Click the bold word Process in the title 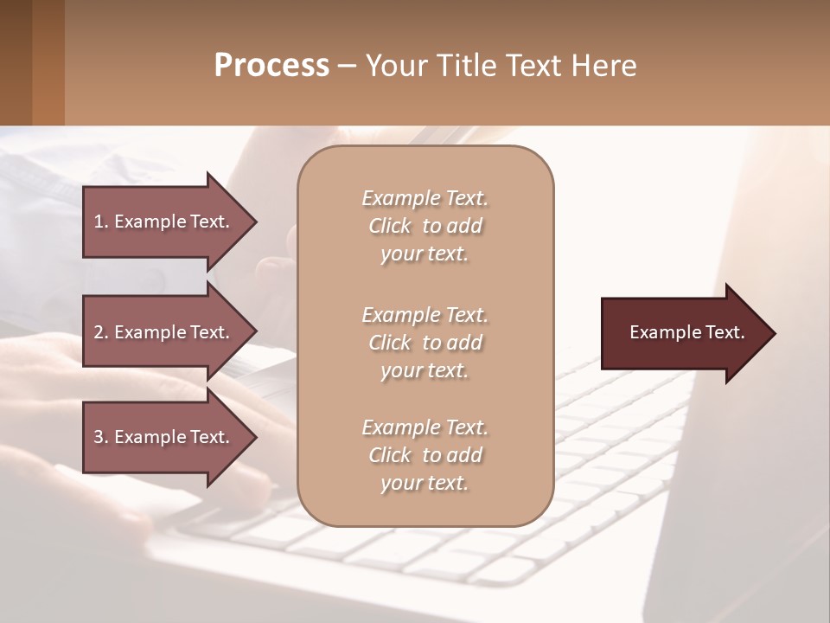click(x=271, y=66)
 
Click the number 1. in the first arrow click(x=101, y=222)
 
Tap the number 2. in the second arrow click(x=101, y=332)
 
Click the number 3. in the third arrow click(x=101, y=437)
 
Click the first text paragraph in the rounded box click(x=425, y=226)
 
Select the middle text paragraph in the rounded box click(x=425, y=342)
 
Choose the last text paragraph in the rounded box click(x=425, y=455)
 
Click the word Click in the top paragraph click(x=389, y=226)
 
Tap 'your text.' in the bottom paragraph click(x=425, y=483)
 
